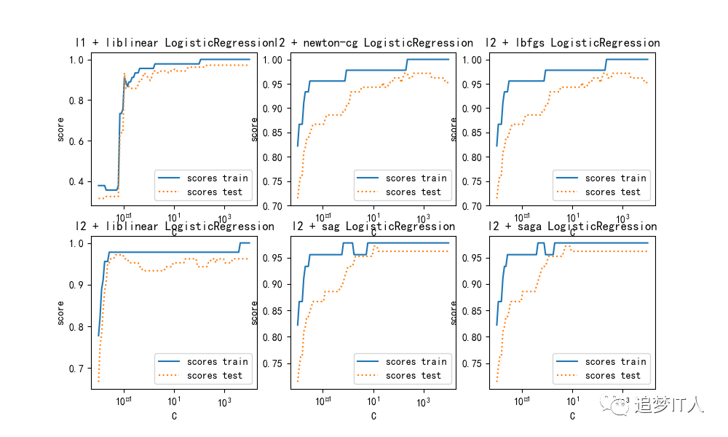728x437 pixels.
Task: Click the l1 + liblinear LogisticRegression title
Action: point(173,43)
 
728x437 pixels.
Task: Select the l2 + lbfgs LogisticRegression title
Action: point(574,43)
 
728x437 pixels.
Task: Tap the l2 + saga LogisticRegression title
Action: point(572,227)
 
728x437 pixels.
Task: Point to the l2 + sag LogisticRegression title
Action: point(373,227)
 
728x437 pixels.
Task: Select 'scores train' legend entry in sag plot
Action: point(416,361)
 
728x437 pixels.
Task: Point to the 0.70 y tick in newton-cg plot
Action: point(272,206)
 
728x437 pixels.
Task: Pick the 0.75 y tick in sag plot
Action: point(272,363)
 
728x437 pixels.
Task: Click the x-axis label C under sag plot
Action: point(373,417)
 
